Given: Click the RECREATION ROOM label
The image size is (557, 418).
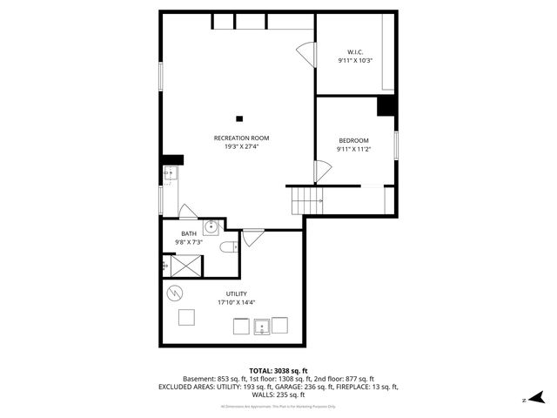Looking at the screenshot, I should point(241,138).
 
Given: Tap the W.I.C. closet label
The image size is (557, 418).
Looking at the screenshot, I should point(355,51).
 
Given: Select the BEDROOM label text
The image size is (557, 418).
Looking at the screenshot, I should point(353,140).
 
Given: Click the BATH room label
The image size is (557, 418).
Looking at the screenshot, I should point(189,233).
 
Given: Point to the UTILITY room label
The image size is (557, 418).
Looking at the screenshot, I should point(236,293).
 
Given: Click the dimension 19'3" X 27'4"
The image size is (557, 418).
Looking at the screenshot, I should point(241,146).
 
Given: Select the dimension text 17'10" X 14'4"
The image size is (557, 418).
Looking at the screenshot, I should point(236,302).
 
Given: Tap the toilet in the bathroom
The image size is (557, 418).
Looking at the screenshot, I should point(228,247).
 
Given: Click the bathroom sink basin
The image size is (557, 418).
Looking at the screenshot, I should point(211,227).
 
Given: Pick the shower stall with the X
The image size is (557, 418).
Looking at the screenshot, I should point(185,266).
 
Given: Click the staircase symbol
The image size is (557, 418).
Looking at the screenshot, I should point(307,201).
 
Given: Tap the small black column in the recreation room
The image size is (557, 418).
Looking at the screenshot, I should point(239,118).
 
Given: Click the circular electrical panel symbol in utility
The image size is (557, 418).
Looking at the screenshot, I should point(175,292).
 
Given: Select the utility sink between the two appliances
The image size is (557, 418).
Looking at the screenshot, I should point(260,327).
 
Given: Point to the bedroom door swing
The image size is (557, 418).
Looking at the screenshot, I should point(322,172).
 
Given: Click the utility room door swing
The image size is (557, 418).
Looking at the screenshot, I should point(252,236).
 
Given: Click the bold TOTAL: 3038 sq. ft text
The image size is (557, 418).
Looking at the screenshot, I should point(278,370).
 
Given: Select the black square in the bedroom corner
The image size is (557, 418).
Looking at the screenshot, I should point(386,105).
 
